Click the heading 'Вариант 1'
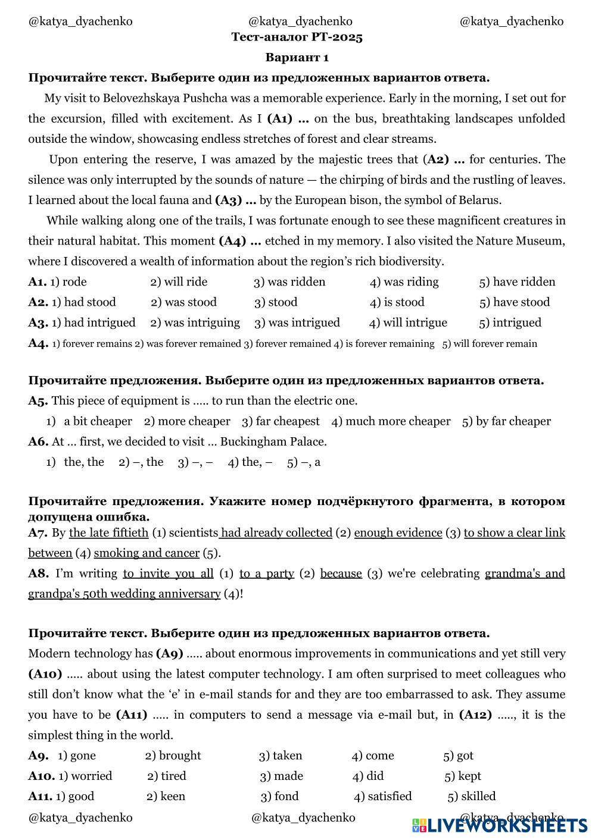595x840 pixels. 297,58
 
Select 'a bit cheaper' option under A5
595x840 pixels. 98,422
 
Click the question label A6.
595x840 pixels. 38,442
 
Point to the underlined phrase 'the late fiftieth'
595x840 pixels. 108,533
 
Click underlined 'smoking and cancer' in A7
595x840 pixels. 147,553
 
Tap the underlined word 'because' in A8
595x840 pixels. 341,573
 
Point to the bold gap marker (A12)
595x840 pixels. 475,715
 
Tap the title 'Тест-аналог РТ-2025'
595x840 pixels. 297,37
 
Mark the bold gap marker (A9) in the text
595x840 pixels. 170,654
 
